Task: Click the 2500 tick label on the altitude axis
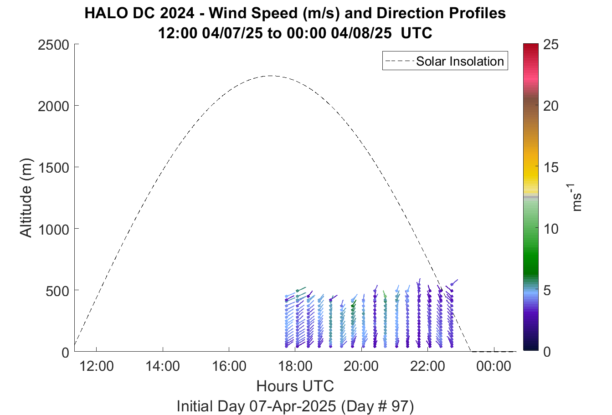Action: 53,45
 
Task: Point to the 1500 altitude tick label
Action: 53,168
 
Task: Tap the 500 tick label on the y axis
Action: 57,291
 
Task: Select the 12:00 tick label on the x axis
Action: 97,366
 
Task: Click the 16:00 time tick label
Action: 229,366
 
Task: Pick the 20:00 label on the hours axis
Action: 361,366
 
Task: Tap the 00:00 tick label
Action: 494,366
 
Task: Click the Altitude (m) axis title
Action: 26,198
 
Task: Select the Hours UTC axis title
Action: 295,386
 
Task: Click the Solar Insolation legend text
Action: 460,61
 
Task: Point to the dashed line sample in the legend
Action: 400,61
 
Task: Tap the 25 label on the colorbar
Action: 551,44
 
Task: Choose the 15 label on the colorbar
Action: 551,167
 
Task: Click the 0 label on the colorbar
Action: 547,352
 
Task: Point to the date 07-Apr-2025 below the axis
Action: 293,406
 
